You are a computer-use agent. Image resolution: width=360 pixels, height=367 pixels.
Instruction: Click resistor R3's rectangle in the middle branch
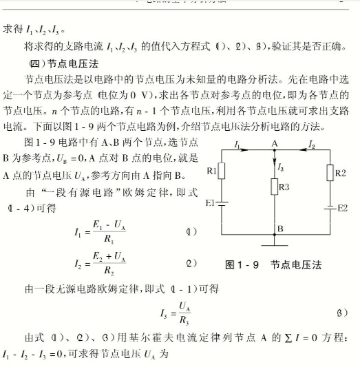tap(274, 187)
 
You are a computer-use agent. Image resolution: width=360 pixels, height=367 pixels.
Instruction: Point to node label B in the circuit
tap(279, 228)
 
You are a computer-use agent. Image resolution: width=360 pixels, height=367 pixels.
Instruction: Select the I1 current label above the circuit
tap(237, 145)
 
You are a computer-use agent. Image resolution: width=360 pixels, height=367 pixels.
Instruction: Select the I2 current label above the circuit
tap(311, 145)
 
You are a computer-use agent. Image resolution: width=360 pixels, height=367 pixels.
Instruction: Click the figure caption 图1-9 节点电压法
tap(273, 264)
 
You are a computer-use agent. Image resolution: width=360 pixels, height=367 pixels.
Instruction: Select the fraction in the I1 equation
tap(100, 233)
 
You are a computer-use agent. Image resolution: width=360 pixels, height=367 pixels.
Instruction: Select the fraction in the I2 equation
tap(100, 264)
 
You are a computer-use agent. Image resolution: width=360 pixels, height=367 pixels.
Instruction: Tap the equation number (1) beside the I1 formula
tap(191, 232)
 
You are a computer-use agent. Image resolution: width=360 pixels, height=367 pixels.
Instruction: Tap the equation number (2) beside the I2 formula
tap(191, 263)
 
